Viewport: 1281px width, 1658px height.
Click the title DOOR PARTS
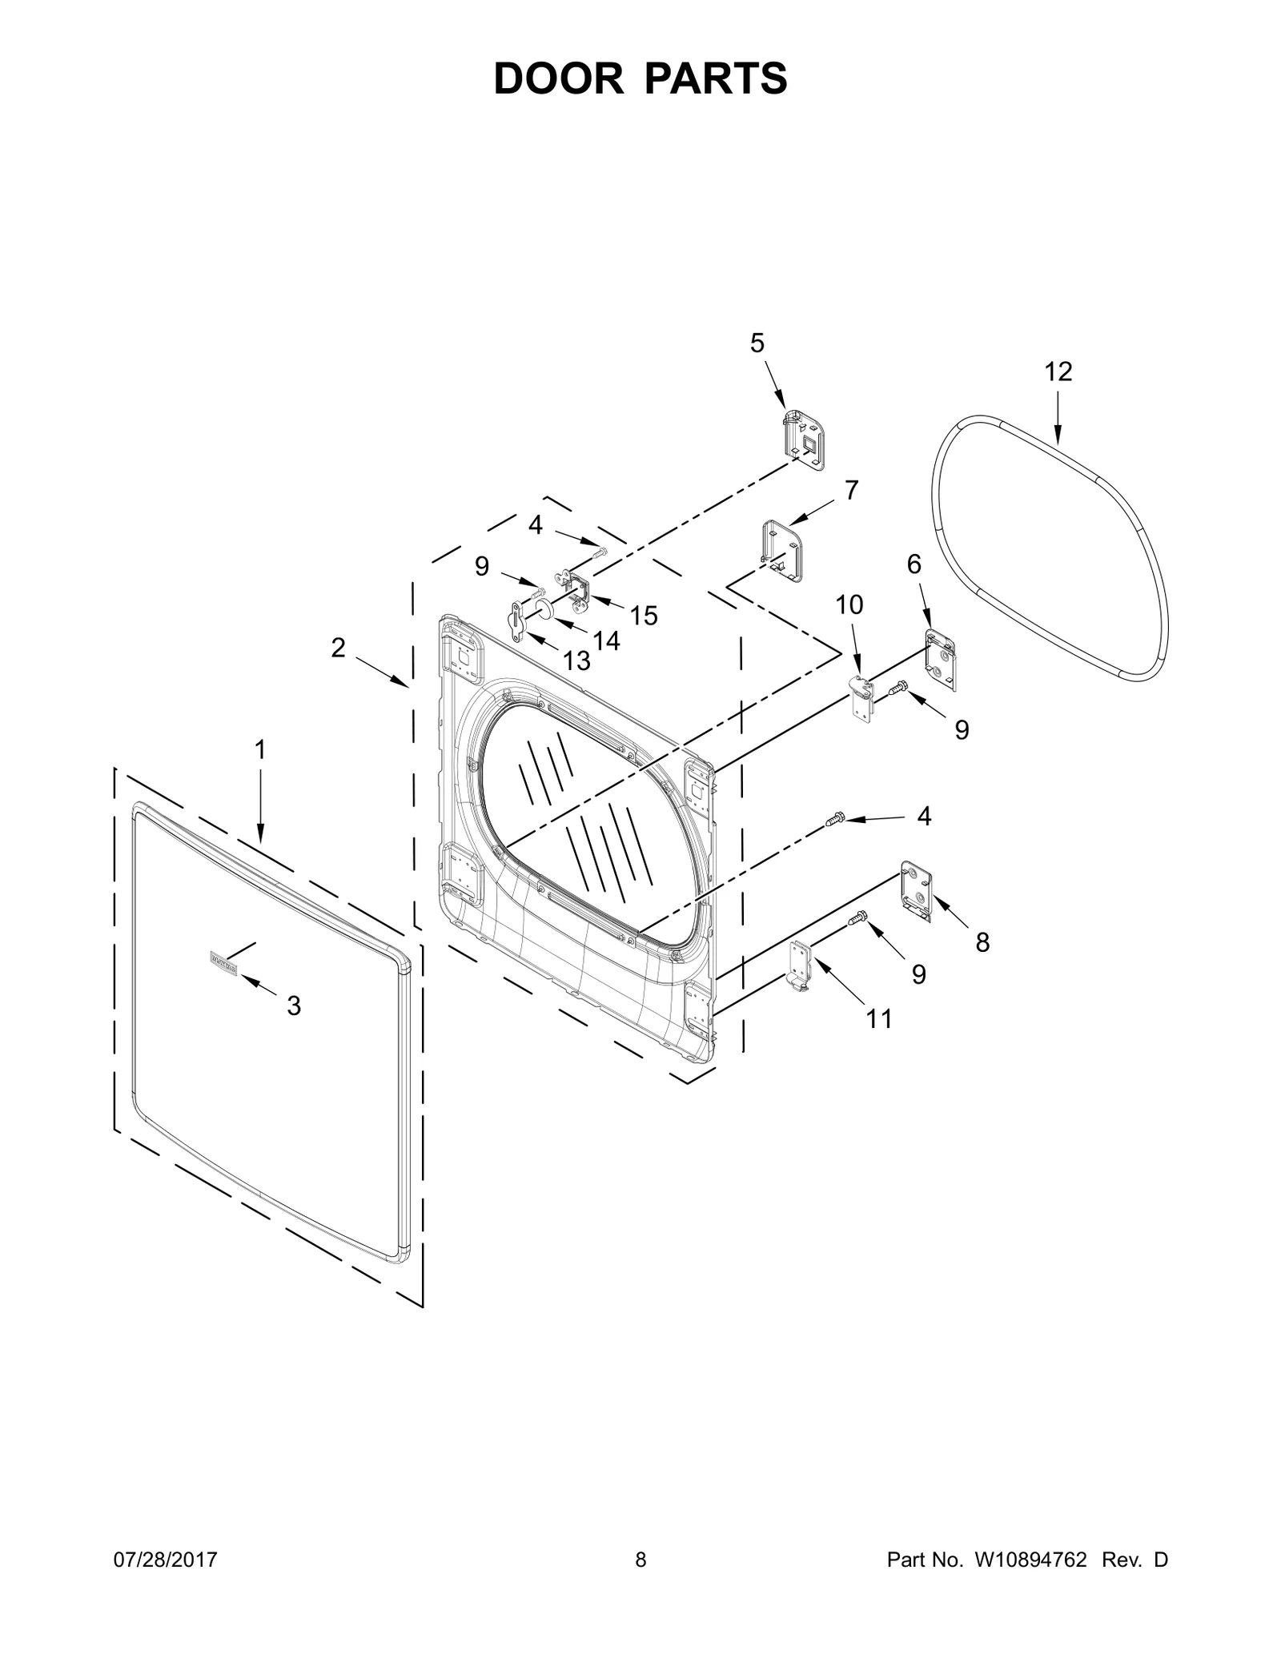640,78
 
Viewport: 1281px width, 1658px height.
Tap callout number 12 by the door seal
1058,371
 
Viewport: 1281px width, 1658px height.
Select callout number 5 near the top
757,343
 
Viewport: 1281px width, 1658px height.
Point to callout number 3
294,1006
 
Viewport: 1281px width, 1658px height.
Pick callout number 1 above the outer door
259,749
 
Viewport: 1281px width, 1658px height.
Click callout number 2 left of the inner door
338,648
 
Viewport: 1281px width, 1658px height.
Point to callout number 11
879,1019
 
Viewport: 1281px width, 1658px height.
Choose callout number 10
849,604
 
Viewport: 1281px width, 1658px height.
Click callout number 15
643,616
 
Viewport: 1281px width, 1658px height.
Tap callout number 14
606,640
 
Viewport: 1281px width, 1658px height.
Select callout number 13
576,660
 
